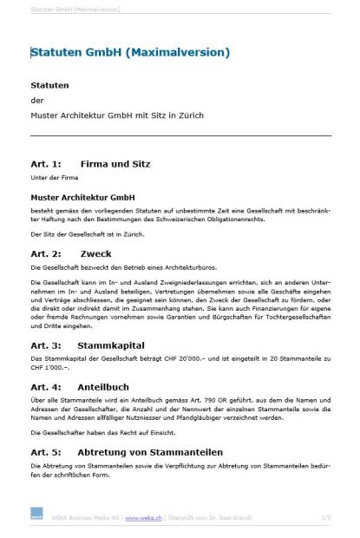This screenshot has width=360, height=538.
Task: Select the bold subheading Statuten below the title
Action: pos(49,86)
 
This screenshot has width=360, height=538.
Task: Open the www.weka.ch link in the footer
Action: pos(141,518)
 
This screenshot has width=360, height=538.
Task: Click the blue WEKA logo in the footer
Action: pos(36,518)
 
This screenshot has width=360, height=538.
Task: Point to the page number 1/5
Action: pos(325,518)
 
